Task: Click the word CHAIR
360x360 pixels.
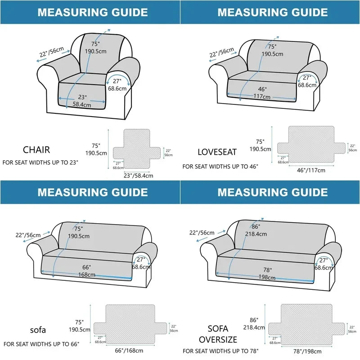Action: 36,150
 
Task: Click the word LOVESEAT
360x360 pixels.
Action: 217,152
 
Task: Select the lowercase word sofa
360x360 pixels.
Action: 38,330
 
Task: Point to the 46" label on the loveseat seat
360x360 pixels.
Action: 262,89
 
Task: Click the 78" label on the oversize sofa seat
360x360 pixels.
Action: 267,270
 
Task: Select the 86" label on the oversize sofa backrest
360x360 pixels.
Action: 256,226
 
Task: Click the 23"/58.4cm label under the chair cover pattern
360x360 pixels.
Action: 138,175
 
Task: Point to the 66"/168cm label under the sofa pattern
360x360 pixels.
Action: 129,351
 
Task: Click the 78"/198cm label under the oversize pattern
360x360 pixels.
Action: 308,351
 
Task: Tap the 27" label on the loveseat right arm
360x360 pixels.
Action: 307,77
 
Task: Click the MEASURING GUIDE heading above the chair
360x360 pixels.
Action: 92,12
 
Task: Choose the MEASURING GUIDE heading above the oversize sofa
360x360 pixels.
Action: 273,193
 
